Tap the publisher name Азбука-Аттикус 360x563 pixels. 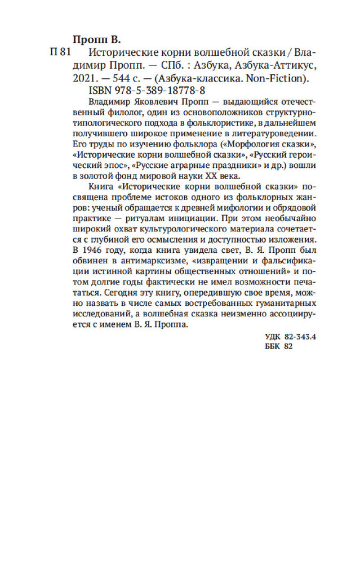point(278,66)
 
